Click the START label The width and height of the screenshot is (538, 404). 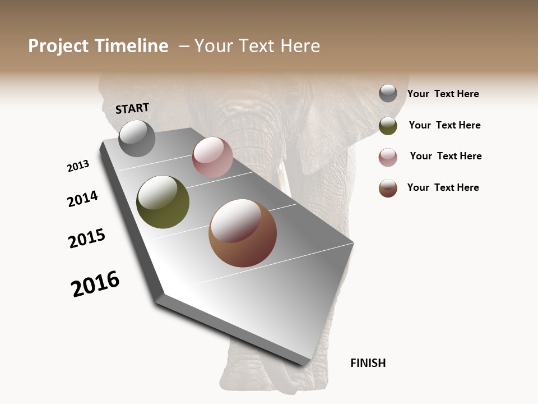pyautogui.click(x=132, y=108)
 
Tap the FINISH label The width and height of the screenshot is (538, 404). pyautogui.click(x=368, y=363)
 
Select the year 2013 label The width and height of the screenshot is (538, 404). pyautogui.click(x=78, y=166)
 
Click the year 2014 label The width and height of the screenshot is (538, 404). pyautogui.click(x=82, y=199)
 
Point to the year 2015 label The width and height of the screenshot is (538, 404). pyautogui.click(x=87, y=238)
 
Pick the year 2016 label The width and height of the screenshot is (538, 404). pyautogui.click(x=95, y=283)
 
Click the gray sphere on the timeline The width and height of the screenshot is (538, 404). pyautogui.click(x=137, y=139)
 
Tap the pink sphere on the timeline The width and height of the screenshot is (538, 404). pyautogui.click(x=212, y=157)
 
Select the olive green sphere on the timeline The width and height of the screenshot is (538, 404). pyautogui.click(x=163, y=202)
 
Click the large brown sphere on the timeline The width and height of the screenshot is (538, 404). pyautogui.click(x=243, y=233)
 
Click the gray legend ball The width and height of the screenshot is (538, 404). pyautogui.click(x=388, y=93)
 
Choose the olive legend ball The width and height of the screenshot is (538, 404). pyautogui.click(x=388, y=126)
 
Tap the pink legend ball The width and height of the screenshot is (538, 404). pyautogui.click(x=388, y=157)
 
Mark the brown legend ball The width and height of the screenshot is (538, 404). pyautogui.click(x=388, y=188)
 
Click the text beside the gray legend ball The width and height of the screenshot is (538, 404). pyautogui.click(x=443, y=94)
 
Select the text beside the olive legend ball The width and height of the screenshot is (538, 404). pyautogui.click(x=444, y=125)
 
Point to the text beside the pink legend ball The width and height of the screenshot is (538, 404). pyautogui.click(x=446, y=156)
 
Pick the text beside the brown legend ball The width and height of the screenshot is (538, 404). pyautogui.click(x=443, y=187)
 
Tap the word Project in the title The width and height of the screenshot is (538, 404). pyautogui.click(x=58, y=46)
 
